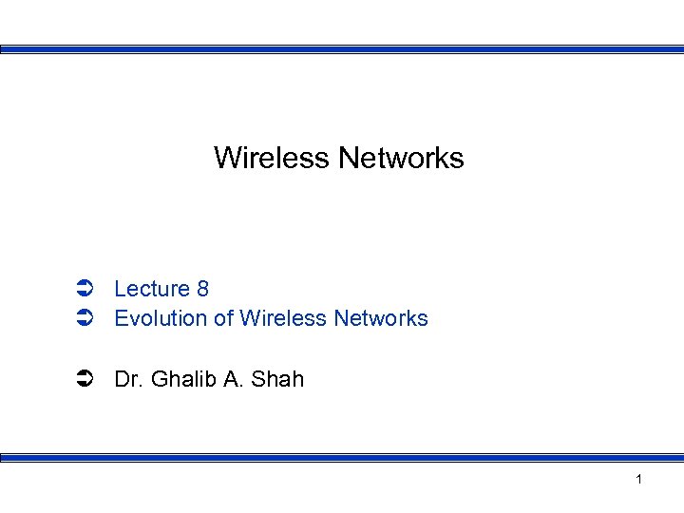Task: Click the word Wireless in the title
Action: click(x=272, y=158)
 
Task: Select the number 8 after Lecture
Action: click(x=202, y=289)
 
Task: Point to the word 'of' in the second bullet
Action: click(x=223, y=319)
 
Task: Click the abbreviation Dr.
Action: click(x=127, y=380)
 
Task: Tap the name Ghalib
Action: click(x=181, y=380)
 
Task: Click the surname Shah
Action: click(x=278, y=380)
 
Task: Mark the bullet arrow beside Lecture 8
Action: click(x=83, y=289)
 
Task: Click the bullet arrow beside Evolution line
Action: click(x=83, y=319)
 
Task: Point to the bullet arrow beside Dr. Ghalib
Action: click(x=83, y=380)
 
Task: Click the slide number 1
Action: click(x=638, y=480)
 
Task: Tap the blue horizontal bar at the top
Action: click(x=342, y=49)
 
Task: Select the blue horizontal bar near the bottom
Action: click(x=342, y=458)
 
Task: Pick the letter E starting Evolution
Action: click(x=121, y=319)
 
